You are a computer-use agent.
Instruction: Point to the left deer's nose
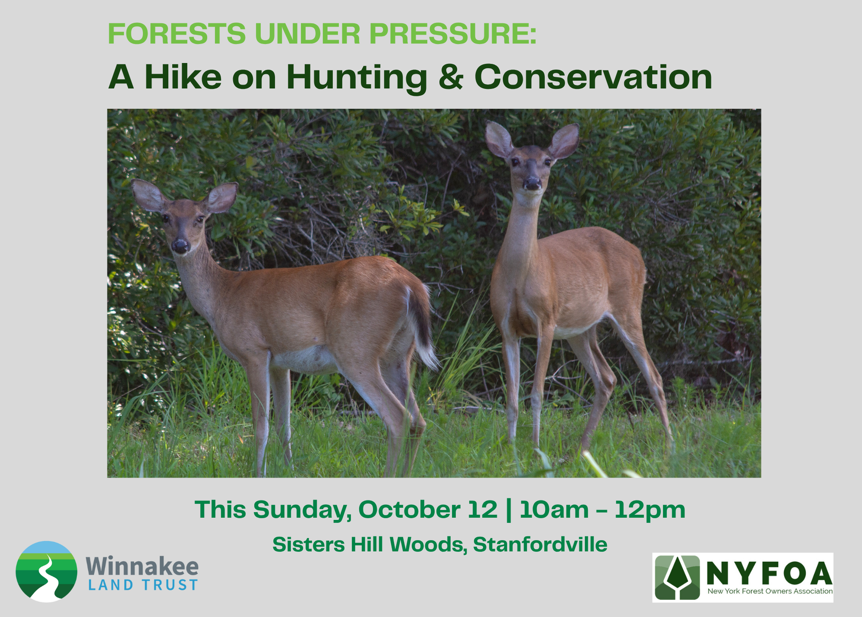pyautogui.click(x=180, y=246)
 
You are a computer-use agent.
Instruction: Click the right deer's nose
pyautogui.click(x=532, y=184)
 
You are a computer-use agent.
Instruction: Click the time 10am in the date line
pyautogui.click(x=554, y=510)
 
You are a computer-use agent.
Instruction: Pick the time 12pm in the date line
pyautogui.click(x=650, y=510)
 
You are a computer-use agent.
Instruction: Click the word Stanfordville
pyautogui.click(x=540, y=544)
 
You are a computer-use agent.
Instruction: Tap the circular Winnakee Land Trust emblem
pyautogui.click(x=47, y=571)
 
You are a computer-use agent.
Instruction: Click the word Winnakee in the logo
pyautogui.click(x=142, y=566)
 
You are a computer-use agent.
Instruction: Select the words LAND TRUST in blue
pyautogui.click(x=143, y=585)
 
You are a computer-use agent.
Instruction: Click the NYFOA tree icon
pyautogui.click(x=677, y=578)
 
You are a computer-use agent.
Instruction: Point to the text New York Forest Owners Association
pyautogui.click(x=770, y=591)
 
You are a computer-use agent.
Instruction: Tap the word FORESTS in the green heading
pyautogui.click(x=177, y=34)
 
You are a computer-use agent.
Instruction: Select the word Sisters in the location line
pyautogui.click(x=308, y=544)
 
